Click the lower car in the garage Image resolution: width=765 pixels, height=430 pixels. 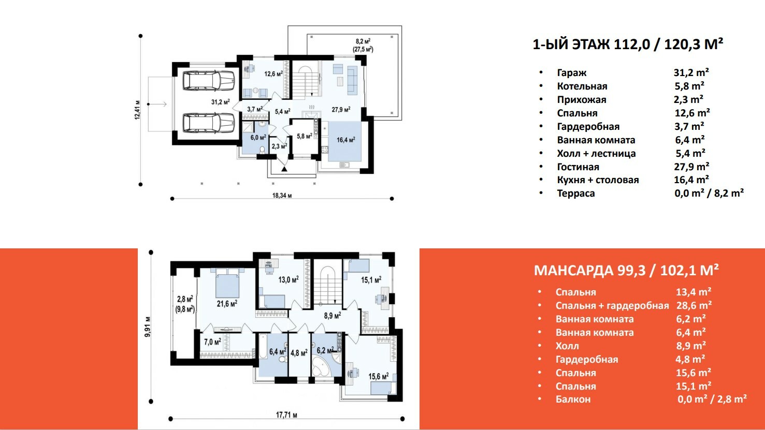[208, 123]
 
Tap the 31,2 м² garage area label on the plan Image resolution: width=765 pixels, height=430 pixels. [221, 102]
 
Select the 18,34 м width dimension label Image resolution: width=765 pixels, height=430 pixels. [282, 196]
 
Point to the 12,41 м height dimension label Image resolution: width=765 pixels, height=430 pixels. [137, 110]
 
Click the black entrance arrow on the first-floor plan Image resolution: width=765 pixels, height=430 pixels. [284, 168]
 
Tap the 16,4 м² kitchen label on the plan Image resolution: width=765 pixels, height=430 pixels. [346, 140]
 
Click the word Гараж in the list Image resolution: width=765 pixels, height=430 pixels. [572, 72]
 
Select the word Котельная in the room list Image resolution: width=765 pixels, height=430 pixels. [582, 86]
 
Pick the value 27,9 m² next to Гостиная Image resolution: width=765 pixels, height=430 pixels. [691, 167]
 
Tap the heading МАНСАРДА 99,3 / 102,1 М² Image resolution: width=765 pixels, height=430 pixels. [627, 270]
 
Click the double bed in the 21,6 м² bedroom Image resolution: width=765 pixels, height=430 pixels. [227, 283]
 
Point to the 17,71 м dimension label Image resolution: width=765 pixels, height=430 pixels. [286, 415]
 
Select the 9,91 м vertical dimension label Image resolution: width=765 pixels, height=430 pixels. [148, 327]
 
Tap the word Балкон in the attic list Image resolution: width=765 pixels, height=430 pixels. [573, 399]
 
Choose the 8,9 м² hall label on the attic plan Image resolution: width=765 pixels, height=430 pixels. [333, 316]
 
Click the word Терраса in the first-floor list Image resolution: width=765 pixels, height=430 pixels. [576, 193]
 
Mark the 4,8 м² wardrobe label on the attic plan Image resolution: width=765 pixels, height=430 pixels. [299, 352]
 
